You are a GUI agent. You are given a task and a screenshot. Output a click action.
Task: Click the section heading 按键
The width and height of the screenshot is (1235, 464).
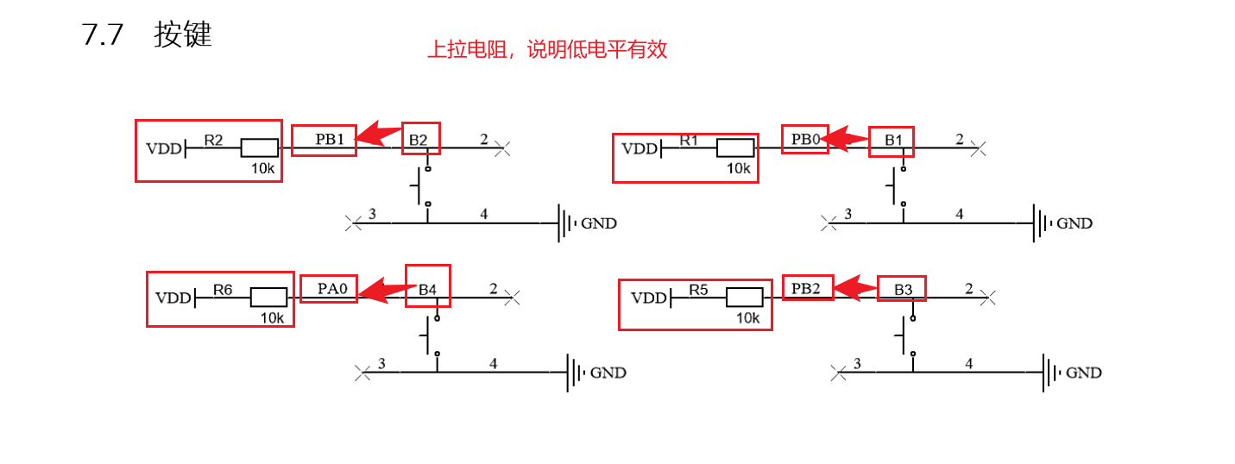coord(183,35)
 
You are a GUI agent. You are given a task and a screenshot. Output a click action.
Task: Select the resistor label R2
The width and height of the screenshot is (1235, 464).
coord(213,139)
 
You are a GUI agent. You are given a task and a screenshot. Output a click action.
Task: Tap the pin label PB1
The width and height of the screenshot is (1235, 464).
coord(330,139)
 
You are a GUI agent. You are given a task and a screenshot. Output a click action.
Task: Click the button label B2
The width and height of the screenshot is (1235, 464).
coord(419,140)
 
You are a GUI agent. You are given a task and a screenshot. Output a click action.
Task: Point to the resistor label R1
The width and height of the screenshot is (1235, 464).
coord(689,139)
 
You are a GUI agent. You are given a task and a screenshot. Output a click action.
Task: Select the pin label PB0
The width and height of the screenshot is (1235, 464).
coord(803,138)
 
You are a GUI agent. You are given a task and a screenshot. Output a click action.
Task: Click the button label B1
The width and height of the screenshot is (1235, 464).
coord(892,140)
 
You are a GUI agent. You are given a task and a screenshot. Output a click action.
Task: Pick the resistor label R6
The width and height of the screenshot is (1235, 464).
coord(223,290)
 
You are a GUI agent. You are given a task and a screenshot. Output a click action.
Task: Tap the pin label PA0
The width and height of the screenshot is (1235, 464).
coord(331,289)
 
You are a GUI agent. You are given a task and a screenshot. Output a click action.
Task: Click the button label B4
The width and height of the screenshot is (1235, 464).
coord(427,290)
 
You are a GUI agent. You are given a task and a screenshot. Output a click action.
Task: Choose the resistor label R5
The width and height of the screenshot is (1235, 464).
coord(698,290)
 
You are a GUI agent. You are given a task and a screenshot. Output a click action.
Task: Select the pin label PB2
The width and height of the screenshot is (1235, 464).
coord(807,288)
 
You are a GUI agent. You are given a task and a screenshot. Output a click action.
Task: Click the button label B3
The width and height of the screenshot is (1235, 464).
coord(903,290)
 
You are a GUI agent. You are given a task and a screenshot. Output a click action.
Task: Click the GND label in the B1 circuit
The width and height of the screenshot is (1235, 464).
coord(1074,223)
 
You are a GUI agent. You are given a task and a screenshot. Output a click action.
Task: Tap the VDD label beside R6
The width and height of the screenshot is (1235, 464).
coord(173,298)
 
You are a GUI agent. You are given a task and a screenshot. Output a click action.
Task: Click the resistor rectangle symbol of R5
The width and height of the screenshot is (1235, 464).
coord(744,298)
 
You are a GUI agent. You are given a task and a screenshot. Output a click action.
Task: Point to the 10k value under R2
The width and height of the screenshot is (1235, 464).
coord(262,169)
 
